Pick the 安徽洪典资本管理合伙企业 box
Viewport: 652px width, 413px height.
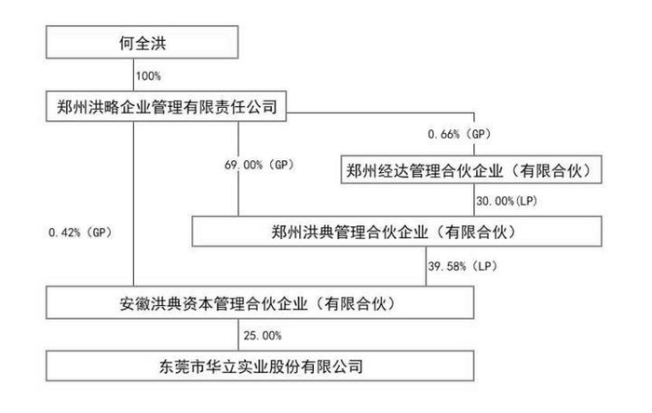point(263,302)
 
